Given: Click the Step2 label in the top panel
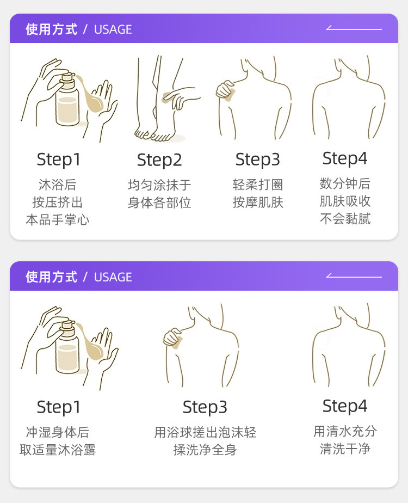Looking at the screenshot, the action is click(x=159, y=160).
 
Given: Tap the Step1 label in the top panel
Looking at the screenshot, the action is click(x=58, y=160).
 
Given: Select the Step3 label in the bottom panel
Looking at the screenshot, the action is click(x=205, y=407).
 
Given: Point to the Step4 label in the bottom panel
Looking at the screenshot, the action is click(x=344, y=406).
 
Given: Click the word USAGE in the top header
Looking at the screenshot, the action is click(x=113, y=29).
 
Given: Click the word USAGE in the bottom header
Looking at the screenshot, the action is click(x=113, y=277).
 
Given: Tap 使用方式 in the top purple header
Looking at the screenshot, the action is click(x=51, y=29).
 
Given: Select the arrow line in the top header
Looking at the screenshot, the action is click(x=354, y=28).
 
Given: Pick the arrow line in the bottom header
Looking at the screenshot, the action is click(x=354, y=276).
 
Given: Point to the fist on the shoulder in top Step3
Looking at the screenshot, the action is click(x=226, y=90).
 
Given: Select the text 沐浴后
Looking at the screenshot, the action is click(x=58, y=185).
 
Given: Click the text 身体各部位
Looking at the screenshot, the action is click(x=159, y=203).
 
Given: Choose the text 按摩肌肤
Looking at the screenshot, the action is click(x=258, y=203).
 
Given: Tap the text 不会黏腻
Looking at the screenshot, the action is click(x=345, y=219).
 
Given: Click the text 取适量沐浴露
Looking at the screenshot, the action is click(x=58, y=450).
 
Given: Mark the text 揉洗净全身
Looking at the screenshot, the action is click(x=205, y=450).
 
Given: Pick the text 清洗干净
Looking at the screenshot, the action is click(x=345, y=449).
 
